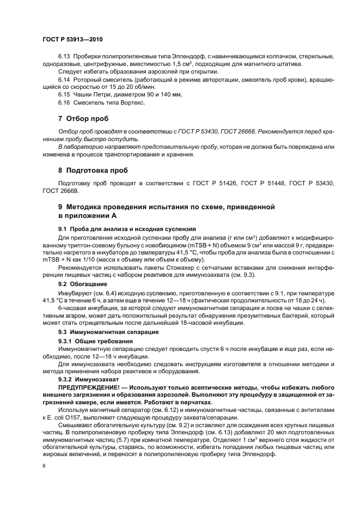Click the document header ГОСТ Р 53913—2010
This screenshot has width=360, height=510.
(72, 40)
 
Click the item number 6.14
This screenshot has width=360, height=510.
(65, 80)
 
